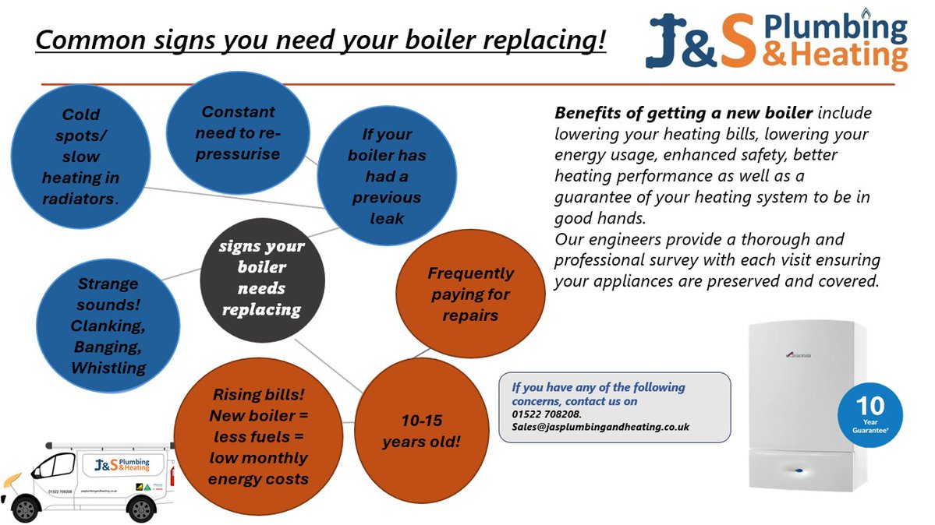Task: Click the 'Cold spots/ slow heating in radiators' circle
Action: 80,156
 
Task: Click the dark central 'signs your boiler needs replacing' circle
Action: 262,278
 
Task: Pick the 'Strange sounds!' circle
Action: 108,325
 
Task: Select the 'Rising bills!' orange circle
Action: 257,436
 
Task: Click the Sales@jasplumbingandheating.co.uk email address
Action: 595,427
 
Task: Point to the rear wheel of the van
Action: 142,509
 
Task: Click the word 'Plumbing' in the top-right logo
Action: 835,28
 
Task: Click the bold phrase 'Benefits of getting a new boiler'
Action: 684,114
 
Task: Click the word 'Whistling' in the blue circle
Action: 108,367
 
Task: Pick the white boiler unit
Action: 806,405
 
